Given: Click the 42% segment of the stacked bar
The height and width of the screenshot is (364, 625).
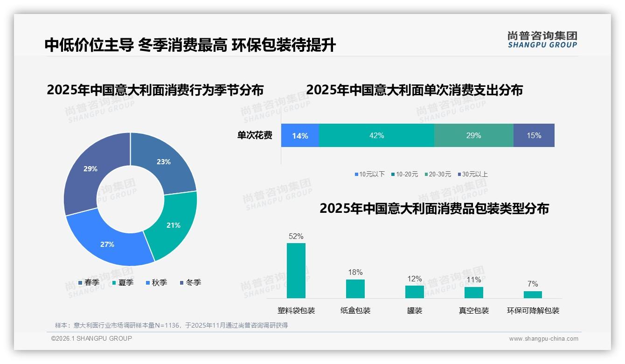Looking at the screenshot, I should (376, 135).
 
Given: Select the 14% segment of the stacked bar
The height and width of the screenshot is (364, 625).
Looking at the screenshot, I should (300, 135).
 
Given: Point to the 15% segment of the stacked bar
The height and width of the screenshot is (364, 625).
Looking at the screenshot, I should (534, 135).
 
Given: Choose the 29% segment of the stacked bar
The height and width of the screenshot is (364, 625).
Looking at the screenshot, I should (473, 135).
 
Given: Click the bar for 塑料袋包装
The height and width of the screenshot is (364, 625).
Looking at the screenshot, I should (296, 271).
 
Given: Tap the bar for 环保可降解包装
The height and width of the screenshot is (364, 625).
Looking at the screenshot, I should (533, 294).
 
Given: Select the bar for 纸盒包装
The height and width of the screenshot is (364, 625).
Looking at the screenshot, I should (355, 289).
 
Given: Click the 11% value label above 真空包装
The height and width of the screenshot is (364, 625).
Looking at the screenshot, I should (474, 280).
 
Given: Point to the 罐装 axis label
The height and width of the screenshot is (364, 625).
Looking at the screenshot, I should (414, 311).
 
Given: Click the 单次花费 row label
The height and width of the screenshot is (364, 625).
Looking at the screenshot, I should (255, 135).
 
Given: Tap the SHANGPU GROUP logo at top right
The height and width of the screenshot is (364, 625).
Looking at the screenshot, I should (542, 40).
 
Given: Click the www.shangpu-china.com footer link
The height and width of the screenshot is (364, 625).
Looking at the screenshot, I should (543, 339).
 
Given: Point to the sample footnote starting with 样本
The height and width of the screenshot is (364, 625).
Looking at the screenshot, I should (171, 325).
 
